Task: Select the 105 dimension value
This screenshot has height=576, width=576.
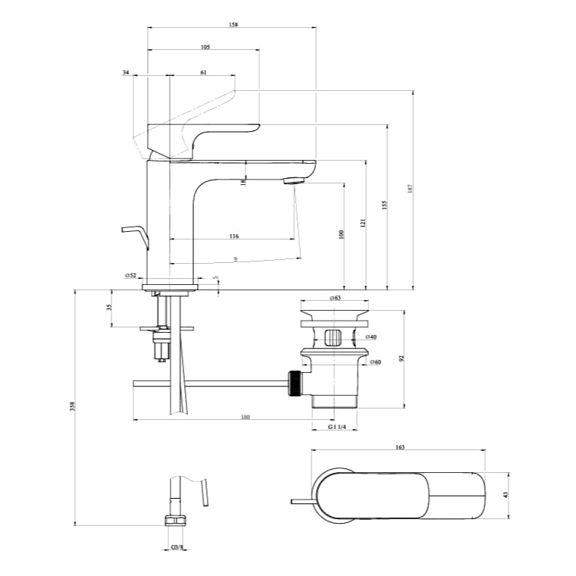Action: (205, 47)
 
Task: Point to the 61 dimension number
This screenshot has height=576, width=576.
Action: (203, 72)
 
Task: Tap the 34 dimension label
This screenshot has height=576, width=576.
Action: (126, 72)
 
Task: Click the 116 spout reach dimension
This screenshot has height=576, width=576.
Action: (233, 236)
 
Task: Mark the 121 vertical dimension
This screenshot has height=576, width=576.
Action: (363, 224)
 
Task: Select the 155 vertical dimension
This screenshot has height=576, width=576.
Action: (384, 205)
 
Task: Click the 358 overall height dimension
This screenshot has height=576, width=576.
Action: (72, 406)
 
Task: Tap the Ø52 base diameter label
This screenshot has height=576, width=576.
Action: (130, 276)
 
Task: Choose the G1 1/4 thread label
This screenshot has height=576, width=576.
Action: (337, 427)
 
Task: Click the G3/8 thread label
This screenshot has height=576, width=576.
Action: (176, 546)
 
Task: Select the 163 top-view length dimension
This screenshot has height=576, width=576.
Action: (399, 447)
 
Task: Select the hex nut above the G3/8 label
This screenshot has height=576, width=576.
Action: (176, 520)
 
